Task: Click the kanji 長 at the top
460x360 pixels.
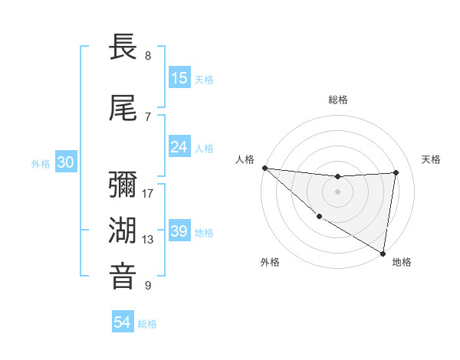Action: tap(123, 48)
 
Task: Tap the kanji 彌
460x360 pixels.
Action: tap(123, 186)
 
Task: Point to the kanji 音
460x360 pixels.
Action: tap(123, 277)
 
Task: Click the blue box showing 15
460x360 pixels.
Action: tap(179, 78)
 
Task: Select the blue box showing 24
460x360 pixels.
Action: tap(179, 147)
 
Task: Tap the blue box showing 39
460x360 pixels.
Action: tap(179, 232)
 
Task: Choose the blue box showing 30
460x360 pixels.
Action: tap(65, 162)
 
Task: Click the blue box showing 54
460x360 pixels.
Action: tap(123, 323)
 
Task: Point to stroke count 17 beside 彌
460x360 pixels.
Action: tap(148, 193)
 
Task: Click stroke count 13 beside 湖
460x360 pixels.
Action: tap(148, 239)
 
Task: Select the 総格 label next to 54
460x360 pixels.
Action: tap(147, 324)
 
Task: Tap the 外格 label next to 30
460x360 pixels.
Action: tap(41, 163)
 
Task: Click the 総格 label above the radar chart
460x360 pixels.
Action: tap(337, 100)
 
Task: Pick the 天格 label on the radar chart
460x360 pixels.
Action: tap(431, 159)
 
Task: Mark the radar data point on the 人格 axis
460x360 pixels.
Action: tap(264, 168)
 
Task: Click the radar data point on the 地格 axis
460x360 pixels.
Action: tap(383, 253)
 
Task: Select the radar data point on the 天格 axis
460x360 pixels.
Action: tap(396, 172)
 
